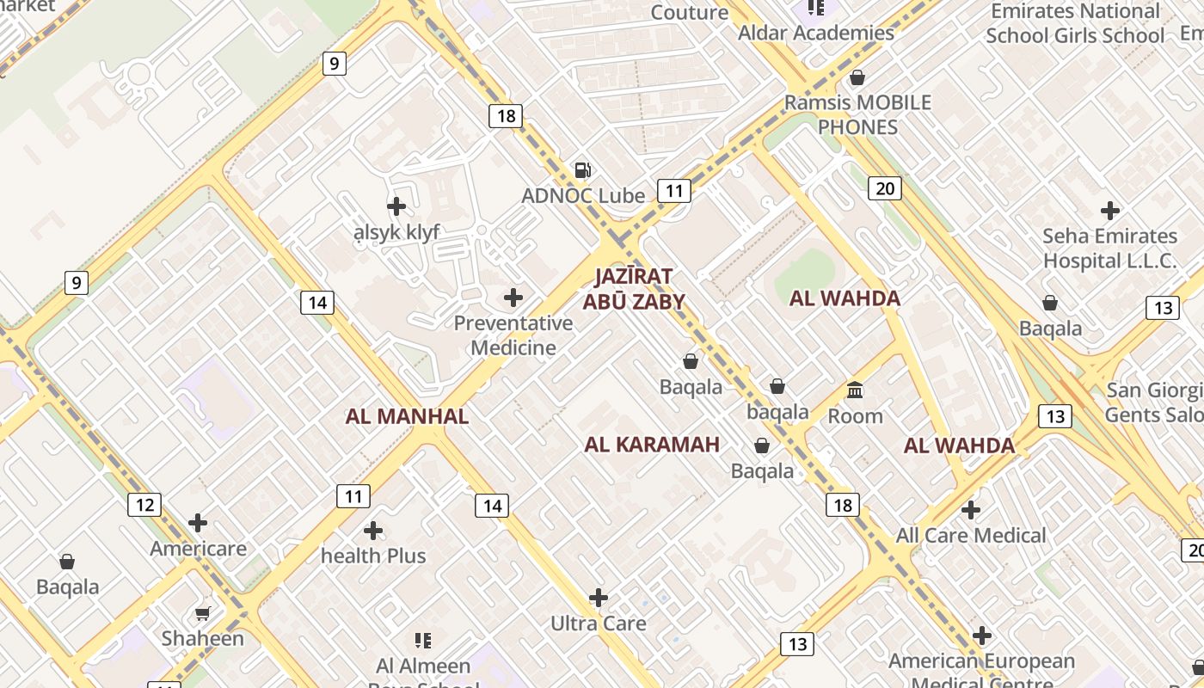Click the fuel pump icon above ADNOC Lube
[583, 169]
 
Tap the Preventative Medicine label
[513, 335]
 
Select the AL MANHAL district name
[407, 417]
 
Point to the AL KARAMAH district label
[652, 445]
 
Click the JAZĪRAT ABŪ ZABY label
[634, 289]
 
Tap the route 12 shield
[144, 505]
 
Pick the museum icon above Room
[855, 390]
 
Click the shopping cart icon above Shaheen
[202, 613]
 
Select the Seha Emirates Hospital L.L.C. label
[1109, 249]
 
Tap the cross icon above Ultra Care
[599, 598]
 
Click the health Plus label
[373, 556]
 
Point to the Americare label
[198, 549]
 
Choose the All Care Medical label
[971, 536]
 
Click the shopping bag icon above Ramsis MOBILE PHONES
[857, 78]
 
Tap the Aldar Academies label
[816, 33]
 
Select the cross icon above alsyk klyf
[396, 206]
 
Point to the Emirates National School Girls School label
[1075, 23]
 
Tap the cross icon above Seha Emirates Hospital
[1110, 210]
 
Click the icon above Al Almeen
[423, 641]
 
